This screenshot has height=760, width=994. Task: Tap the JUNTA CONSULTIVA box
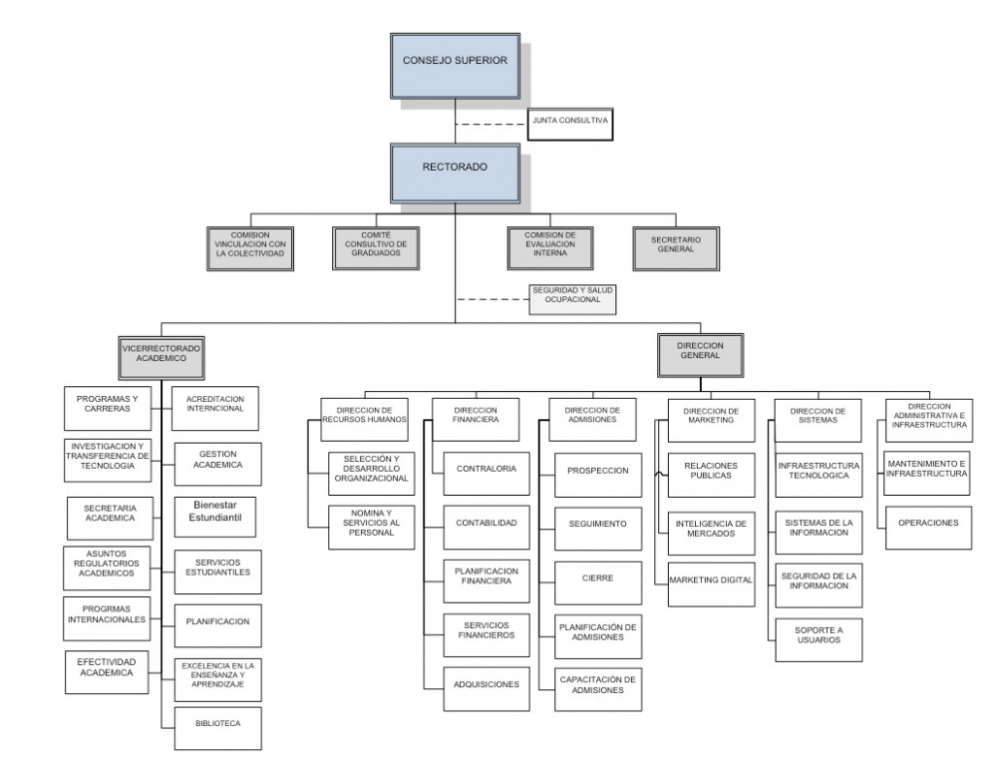pyautogui.click(x=571, y=121)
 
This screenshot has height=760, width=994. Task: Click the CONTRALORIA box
pyautogui.click(x=485, y=470)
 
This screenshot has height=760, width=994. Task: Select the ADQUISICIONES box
pyautogui.click(x=485, y=684)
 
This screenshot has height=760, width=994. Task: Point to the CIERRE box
pyautogui.click(x=597, y=578)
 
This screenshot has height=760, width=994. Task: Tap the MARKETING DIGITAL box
pyautogui.click(x=711, y=580)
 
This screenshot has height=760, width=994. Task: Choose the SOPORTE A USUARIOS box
pyautogui.click(x=818, y=636)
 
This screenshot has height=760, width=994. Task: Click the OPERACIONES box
pyautogui.click(x=928, y=523)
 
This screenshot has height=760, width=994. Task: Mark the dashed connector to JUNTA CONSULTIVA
pyautogui.click(x=490, y=124)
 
